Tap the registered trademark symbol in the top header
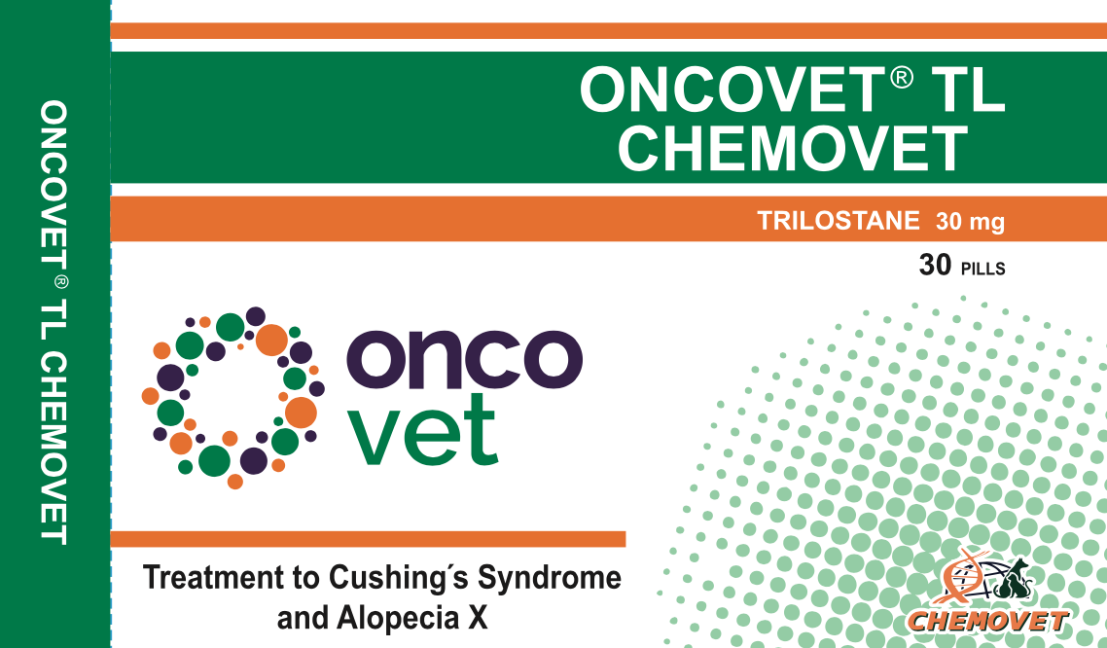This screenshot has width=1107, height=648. pos(901,77)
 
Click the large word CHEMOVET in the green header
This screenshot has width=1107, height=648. pos(793,148)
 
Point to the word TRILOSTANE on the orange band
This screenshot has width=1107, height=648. pos(839,221)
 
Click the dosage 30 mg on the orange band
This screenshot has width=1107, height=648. pos(970,222)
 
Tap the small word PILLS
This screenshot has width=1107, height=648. pos(983,268)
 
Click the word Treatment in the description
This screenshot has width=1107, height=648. pos(205,577)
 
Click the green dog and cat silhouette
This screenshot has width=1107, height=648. pos(1015,581)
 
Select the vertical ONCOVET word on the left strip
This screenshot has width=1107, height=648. pos(55,179)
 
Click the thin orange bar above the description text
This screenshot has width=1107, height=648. pos(368,539)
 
